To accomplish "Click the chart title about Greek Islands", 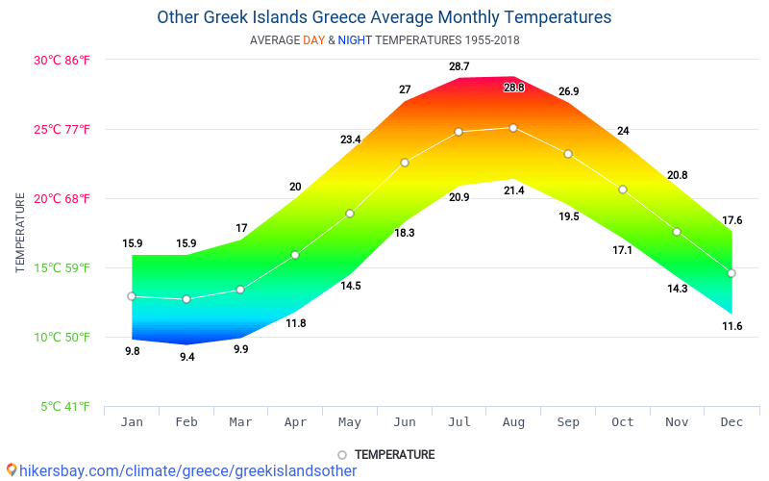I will [384, 17].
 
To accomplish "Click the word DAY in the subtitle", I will [313, 40].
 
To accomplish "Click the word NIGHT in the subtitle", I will [355, 40].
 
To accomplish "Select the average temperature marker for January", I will [132, 296].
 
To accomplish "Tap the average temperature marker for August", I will [513, 128].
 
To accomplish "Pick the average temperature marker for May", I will [350, 214].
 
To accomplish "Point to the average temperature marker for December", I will [732, 273].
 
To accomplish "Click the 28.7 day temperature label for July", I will [459, 66].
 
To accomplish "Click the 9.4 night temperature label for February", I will [186, 357].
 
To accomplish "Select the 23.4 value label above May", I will [350, 139].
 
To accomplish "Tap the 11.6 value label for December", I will [732, 326].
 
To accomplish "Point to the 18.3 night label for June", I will [405, 233].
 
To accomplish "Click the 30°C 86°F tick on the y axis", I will [62, 60].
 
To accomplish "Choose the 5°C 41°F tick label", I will [65, 407].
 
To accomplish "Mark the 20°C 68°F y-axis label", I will [62, 199].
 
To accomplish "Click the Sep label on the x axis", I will [568, 422].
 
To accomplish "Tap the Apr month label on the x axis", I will [295, 422].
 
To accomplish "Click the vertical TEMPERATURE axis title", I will [20, 233].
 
